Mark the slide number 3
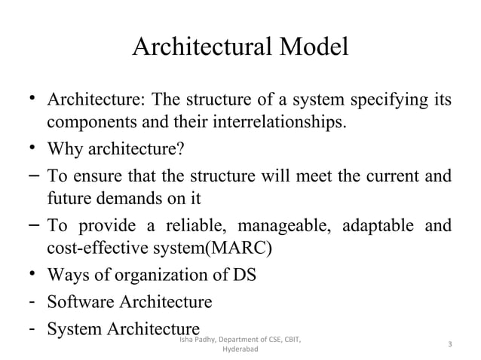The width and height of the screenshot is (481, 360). [x=449, y=345]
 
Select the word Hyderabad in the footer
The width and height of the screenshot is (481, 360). [x=240, y=351]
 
